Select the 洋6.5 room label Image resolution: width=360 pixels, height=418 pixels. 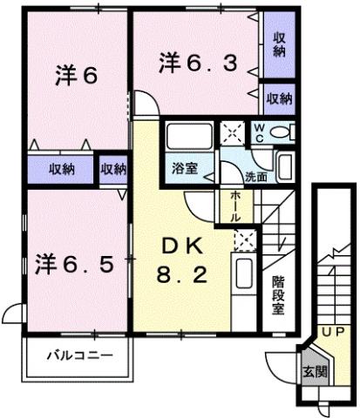click(x=75, y=262)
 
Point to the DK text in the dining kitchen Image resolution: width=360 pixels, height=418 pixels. click(x=181, y=249)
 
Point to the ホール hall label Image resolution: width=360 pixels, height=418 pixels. click(x=236, y=206)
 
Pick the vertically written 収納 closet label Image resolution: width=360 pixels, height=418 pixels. click(x=278, y=44)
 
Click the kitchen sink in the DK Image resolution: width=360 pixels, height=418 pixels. click(x=245, y=279)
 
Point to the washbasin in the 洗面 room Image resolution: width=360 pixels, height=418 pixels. click(x=286, y=163)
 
